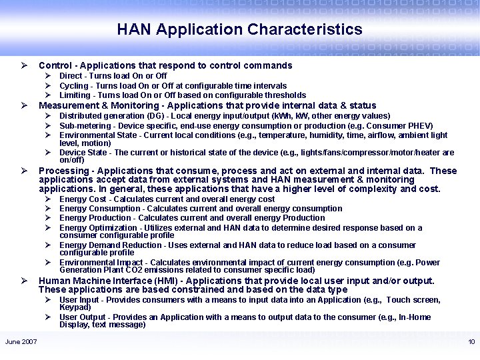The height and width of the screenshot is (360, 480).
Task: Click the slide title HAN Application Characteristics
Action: point(239,30)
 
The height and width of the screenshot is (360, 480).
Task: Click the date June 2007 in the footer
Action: point(21,342)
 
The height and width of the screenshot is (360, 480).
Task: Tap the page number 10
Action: point(471,342)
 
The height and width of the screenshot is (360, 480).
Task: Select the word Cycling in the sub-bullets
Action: point(72,86)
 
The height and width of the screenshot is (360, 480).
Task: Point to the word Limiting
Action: point(73,95)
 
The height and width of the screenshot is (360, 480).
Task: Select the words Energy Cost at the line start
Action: point(83,199)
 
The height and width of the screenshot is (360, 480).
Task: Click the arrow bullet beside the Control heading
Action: point(23,66)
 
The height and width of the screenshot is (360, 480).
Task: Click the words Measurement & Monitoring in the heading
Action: point(100,105)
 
